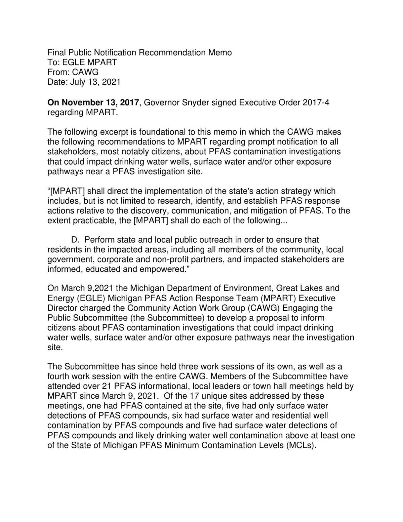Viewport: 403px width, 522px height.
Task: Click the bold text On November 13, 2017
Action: pyautogui.click(x=93, y=102)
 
